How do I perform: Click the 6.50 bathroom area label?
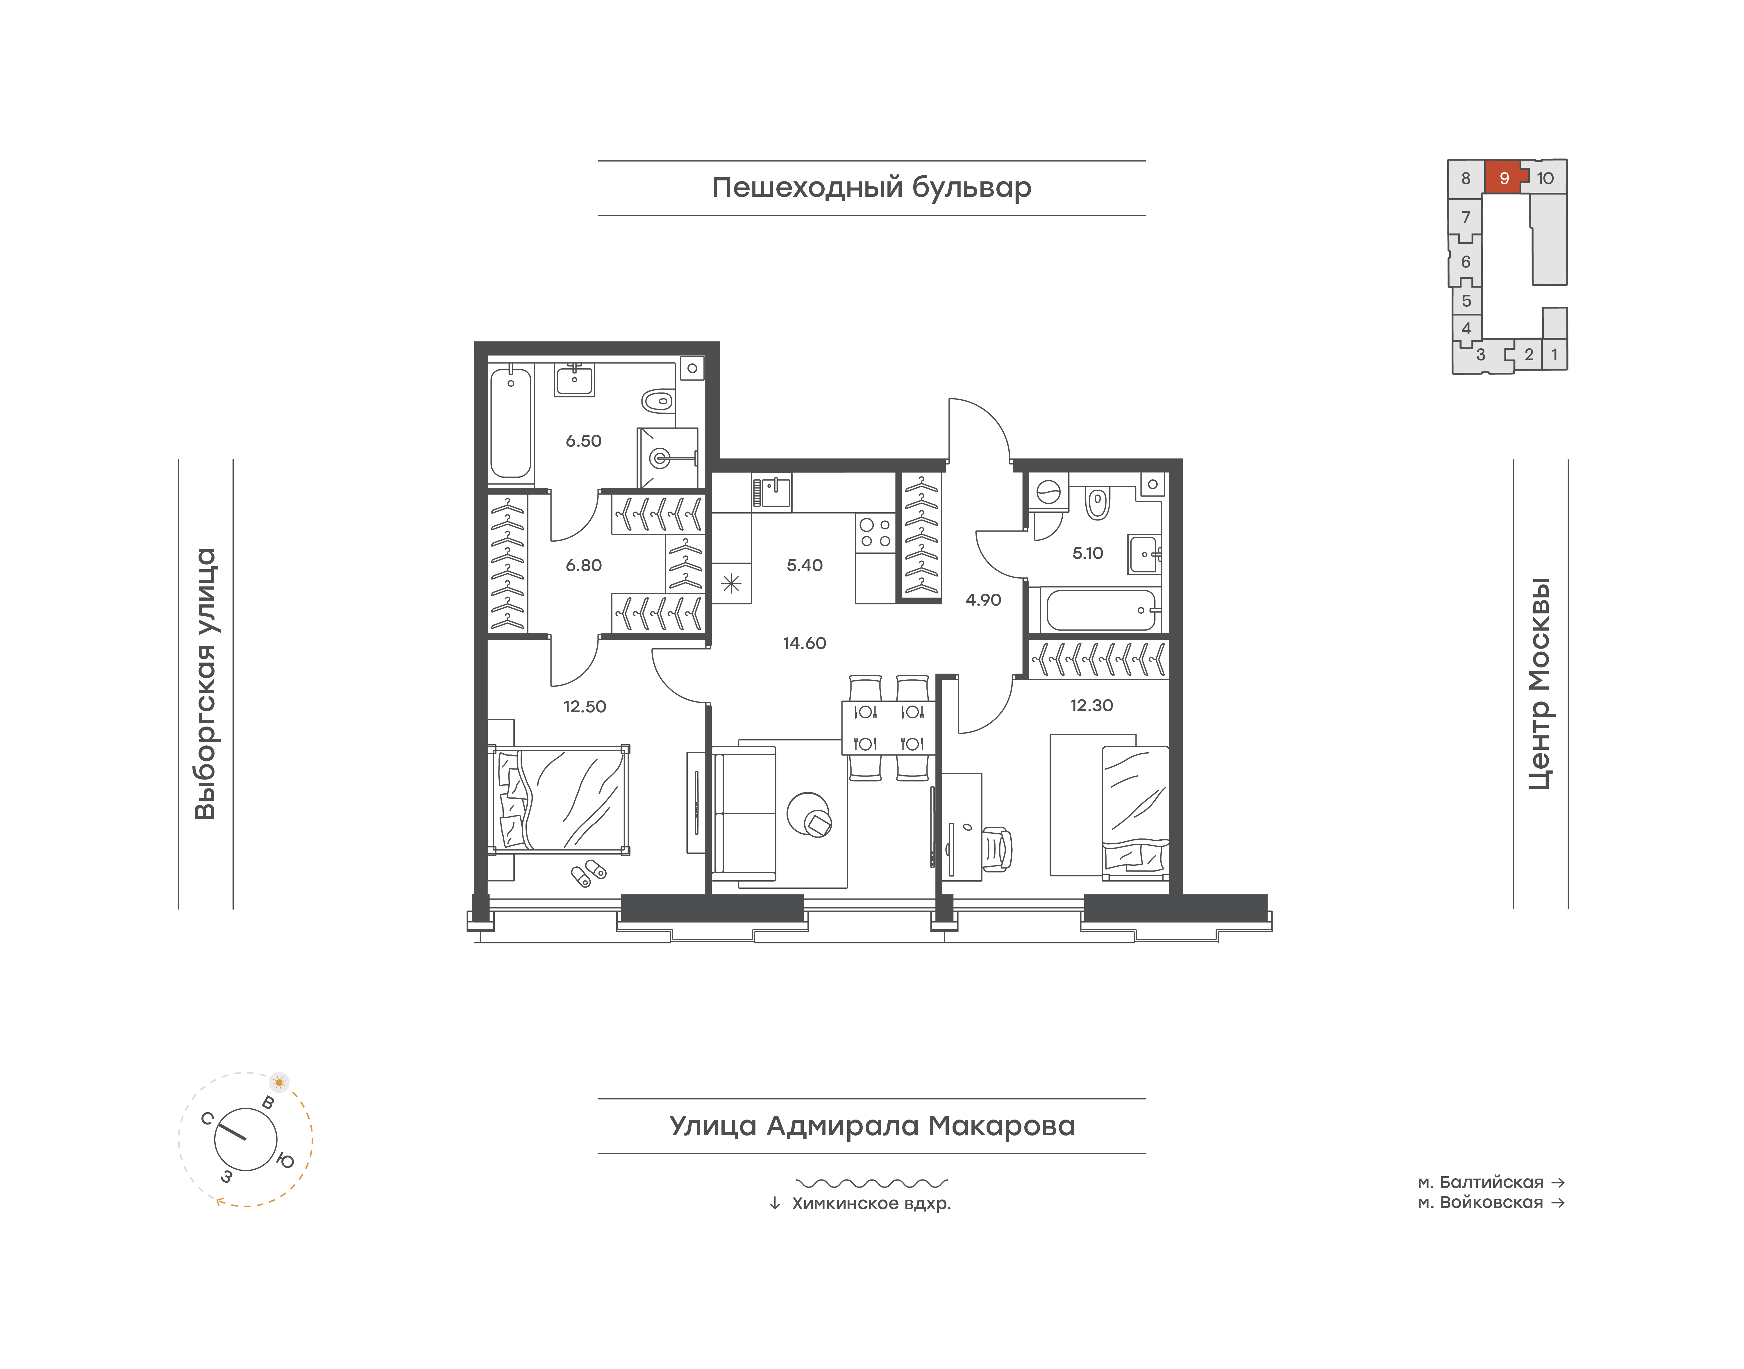click(x=583, y=441)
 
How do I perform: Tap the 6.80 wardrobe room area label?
click(x=583, y=565)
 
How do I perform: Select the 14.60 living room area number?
click(x=805, y=643)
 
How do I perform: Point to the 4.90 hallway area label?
click(x=983, y=599)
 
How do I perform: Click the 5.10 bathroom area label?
click(x=1088, y=553)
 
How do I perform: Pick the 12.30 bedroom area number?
click(x=1092, y=705)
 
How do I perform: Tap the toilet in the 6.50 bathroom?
click(x=657, y=399)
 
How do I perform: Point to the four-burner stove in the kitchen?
click(x=875, y=533)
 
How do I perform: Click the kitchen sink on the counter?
click(x=774, y=491)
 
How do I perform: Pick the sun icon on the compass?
click(x=279, y=1082)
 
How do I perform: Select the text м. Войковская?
click(x=1480, y=1202)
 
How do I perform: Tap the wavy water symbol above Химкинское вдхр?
click(x=872, y=1182)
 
